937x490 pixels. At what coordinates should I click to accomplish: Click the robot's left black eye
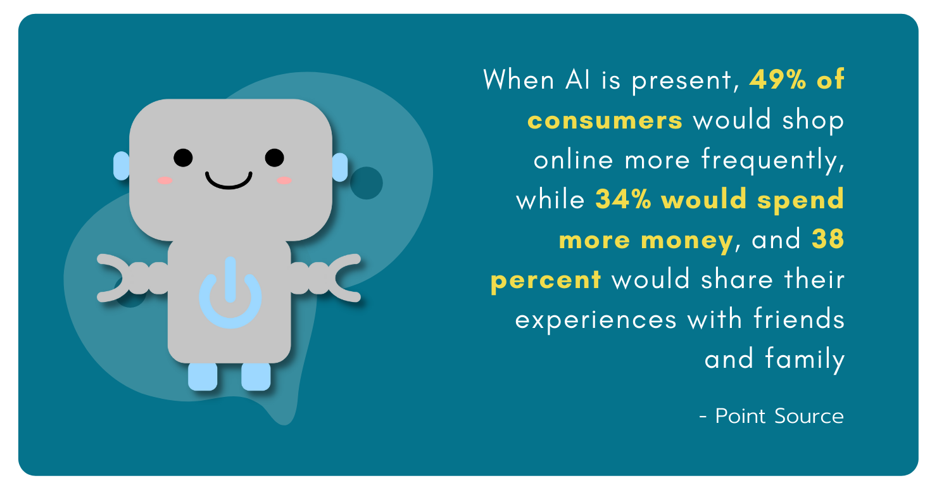(x=183, y=158)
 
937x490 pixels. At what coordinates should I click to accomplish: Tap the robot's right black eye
(x=274, y=158)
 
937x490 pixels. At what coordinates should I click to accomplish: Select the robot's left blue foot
(x=203, y=377)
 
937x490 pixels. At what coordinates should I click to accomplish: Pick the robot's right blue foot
(x=256, y=377)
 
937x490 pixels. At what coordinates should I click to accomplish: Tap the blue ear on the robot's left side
(x=121, y=166)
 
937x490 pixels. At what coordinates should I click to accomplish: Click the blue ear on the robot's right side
(x=340, y=167)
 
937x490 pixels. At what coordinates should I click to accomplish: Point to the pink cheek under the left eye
(x=165, y=180)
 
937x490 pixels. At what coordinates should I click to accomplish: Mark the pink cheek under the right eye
(x=284, y=180)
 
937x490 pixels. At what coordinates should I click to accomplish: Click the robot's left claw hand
(x=115, y=278)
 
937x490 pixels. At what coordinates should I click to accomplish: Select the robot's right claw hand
(x=344, y=278)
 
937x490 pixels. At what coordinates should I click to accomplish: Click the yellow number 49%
(x=777, y=79)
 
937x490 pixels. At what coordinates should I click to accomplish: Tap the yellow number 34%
(x=624, y=199)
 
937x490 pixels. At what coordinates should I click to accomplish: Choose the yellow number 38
(x=828, y=239)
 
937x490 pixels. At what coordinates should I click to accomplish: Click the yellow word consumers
(x=605, y=120)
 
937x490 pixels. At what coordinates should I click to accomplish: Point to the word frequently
(x=772, y=161)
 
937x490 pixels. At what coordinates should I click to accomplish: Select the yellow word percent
(x=546, y=280)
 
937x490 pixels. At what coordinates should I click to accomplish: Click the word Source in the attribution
(x=809, y=416)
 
